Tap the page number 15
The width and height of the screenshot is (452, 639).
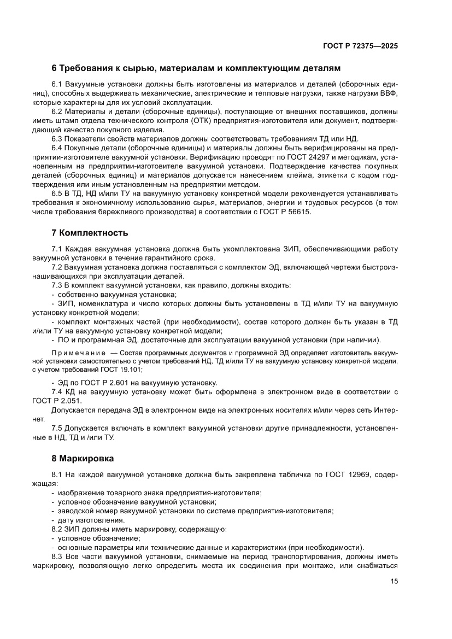point(394,581)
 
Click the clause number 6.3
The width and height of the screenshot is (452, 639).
point(57,139)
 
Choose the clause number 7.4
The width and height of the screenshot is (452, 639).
point(57,391)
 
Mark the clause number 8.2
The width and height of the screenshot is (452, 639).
point(57,529)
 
